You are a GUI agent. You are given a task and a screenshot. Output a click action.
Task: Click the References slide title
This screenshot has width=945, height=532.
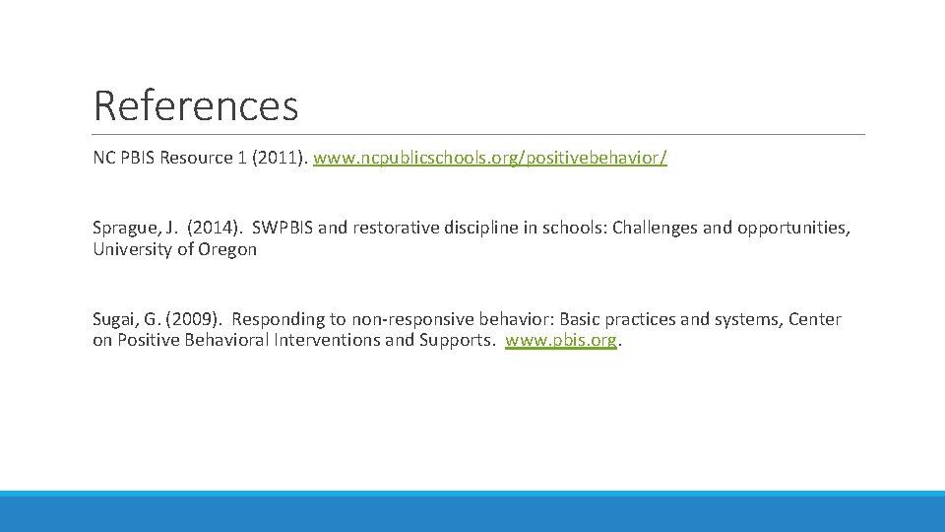tap(195, 105)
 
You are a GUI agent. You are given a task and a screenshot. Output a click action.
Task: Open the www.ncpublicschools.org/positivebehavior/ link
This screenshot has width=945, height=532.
tap(489, 158)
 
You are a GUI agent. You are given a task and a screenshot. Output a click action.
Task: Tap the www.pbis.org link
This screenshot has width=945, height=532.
tap(561, 341)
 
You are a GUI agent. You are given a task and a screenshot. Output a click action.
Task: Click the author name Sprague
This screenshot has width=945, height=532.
tap(125, 228)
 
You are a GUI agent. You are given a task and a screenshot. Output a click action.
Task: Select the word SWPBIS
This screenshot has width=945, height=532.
tap(283, 228)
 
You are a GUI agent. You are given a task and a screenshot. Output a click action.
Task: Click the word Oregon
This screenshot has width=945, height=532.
tap(228, 249)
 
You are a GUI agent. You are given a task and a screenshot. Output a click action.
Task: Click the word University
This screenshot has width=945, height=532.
tap(130, 249)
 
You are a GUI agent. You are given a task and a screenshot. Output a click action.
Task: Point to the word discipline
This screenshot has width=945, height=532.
tap(477, 228)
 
